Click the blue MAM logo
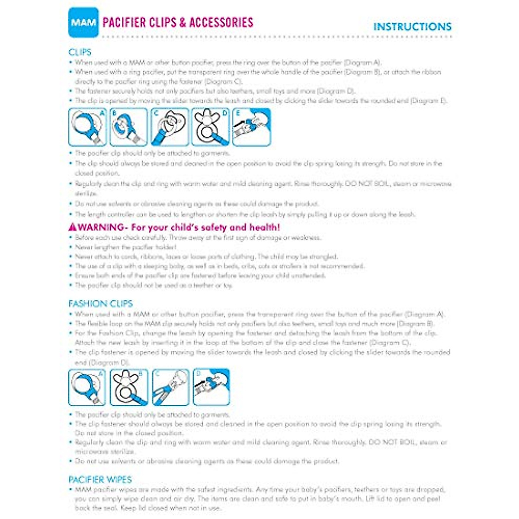[x=83, y=22]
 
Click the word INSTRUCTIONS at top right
[x=412, y=27]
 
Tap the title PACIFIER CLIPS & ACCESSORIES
[x=178, y=22]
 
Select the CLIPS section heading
[x=80, y=52]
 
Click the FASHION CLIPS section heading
[x=100, y=304]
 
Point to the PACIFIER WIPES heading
[x=100, y=479]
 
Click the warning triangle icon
[x=73, y=227]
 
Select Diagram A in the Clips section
[x=87, y=127]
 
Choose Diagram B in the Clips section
[x=128, y=127]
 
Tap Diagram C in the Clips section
[x=170, y=127]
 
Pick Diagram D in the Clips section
[x=211, y=127]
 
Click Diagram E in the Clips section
[x=252, y=127]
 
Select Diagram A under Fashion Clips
[x=87, y=387]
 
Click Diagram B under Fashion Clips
[x=128, y=387]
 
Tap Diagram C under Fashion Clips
[x=170, y=387]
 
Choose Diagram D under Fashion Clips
[x=211, y=387]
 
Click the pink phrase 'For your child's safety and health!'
[x=205, y=227]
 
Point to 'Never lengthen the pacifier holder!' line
[x=126, y=247]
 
